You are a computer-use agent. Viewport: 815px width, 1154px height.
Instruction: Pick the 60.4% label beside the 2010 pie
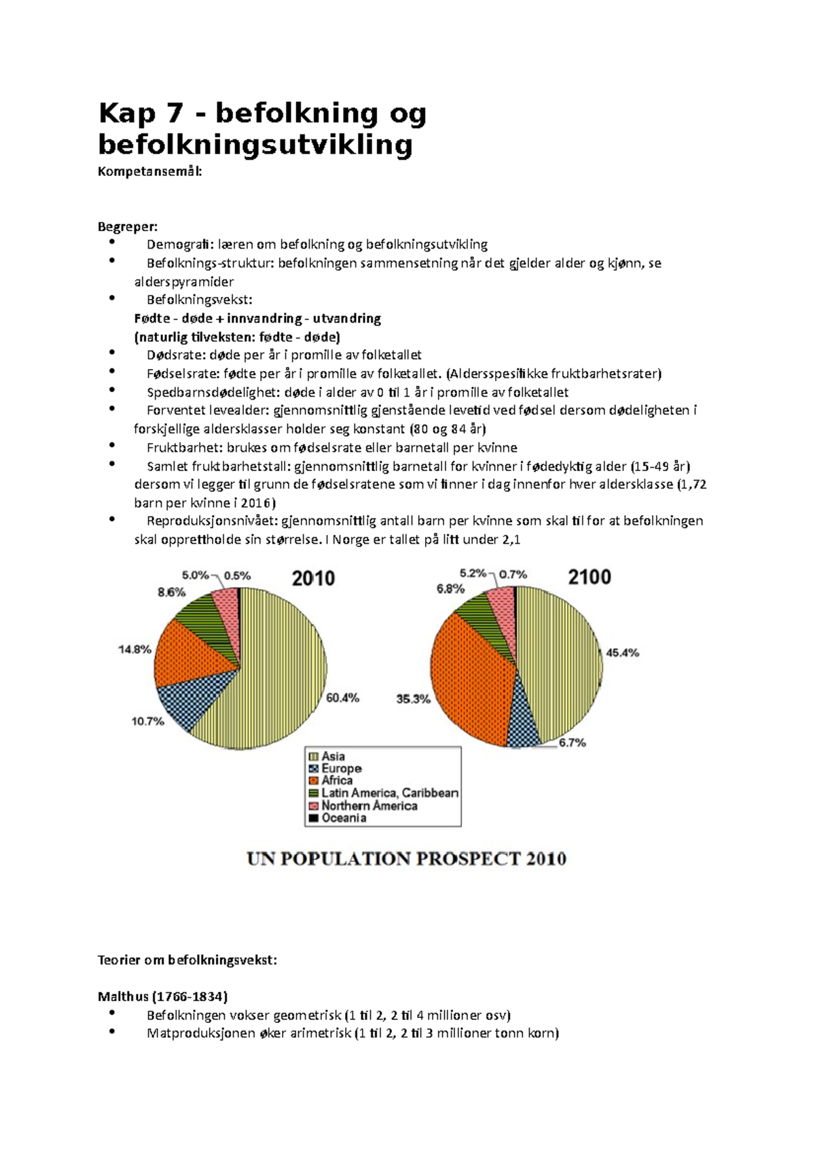click(x=342, y=697)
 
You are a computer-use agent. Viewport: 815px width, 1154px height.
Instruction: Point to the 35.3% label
click(x=413, y=698)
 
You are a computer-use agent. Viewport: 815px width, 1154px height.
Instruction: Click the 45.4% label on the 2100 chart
click(x=622, y=652)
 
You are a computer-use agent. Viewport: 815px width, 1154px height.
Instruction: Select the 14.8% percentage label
click(x=135, y=649)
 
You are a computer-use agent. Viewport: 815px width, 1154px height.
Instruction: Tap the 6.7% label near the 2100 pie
click(x=572, y=743)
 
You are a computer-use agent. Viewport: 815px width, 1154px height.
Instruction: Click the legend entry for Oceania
click(x=344, y=818)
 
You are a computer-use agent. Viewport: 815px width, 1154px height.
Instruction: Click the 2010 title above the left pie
click(x=313, y=578)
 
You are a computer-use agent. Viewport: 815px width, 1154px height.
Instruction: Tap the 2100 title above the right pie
click(x=589, y=577)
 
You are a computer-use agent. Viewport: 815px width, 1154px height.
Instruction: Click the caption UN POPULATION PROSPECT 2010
click(x=406, y=859)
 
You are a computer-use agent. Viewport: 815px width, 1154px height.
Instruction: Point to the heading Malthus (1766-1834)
click(x=162, y=996)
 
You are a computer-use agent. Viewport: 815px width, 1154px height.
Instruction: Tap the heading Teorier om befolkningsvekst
click(x=187, y=960)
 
